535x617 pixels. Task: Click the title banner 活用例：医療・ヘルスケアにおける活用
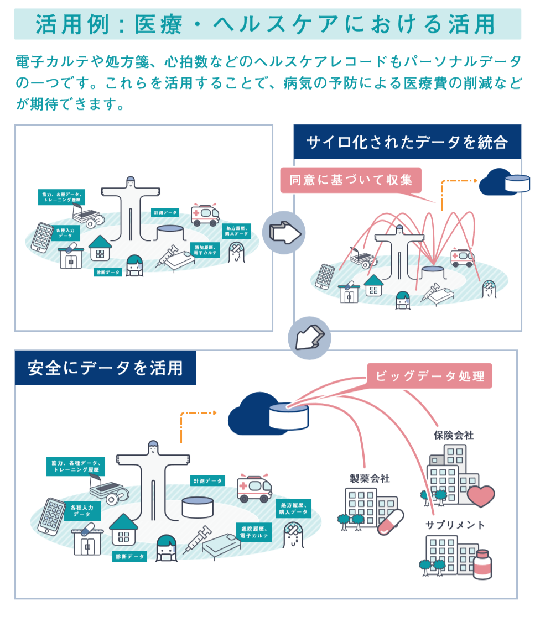tap(267, 24)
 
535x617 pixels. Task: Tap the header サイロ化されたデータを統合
tap(407, 142)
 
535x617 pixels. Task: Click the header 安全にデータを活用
tap(105, 368)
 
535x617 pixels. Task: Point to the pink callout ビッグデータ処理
tap(430, 377)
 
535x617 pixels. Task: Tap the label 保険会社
tap(454, 435)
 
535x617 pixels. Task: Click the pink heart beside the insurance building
tap(480, 495)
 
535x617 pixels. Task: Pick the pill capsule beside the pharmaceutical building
tap(391, 522)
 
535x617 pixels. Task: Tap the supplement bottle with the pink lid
tap(482, 564)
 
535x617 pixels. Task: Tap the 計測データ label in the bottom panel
tap(207, 481)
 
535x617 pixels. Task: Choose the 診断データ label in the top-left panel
tap(107, 272)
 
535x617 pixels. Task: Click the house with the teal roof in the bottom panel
tap(123, 529)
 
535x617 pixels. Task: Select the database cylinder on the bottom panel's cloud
tap(288, 415)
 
